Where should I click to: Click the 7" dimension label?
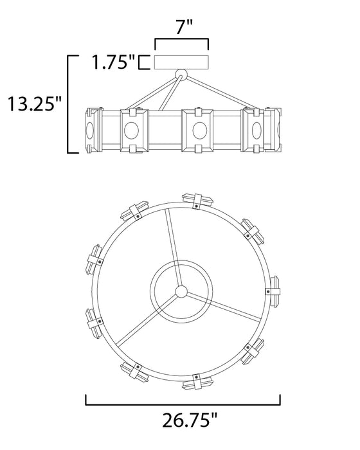182,28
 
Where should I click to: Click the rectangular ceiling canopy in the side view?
182,62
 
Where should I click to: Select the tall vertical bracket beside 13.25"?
69,104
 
